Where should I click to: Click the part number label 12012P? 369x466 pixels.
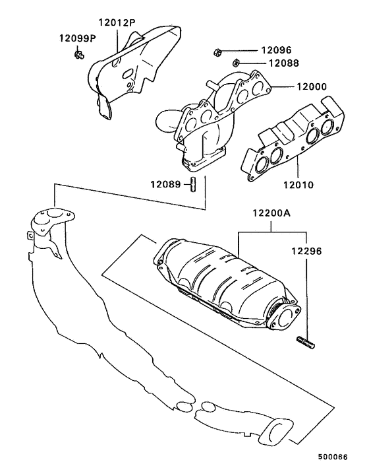click(x=117, y=22)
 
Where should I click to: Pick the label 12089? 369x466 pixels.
click(x=165, y=185)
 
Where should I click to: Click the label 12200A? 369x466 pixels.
click(x=271, y=214)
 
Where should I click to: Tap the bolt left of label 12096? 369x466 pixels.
click(x=218, y=51)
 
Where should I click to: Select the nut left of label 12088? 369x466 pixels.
click(x=235, y=63)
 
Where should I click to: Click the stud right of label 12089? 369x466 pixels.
click(x=193, y=185)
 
